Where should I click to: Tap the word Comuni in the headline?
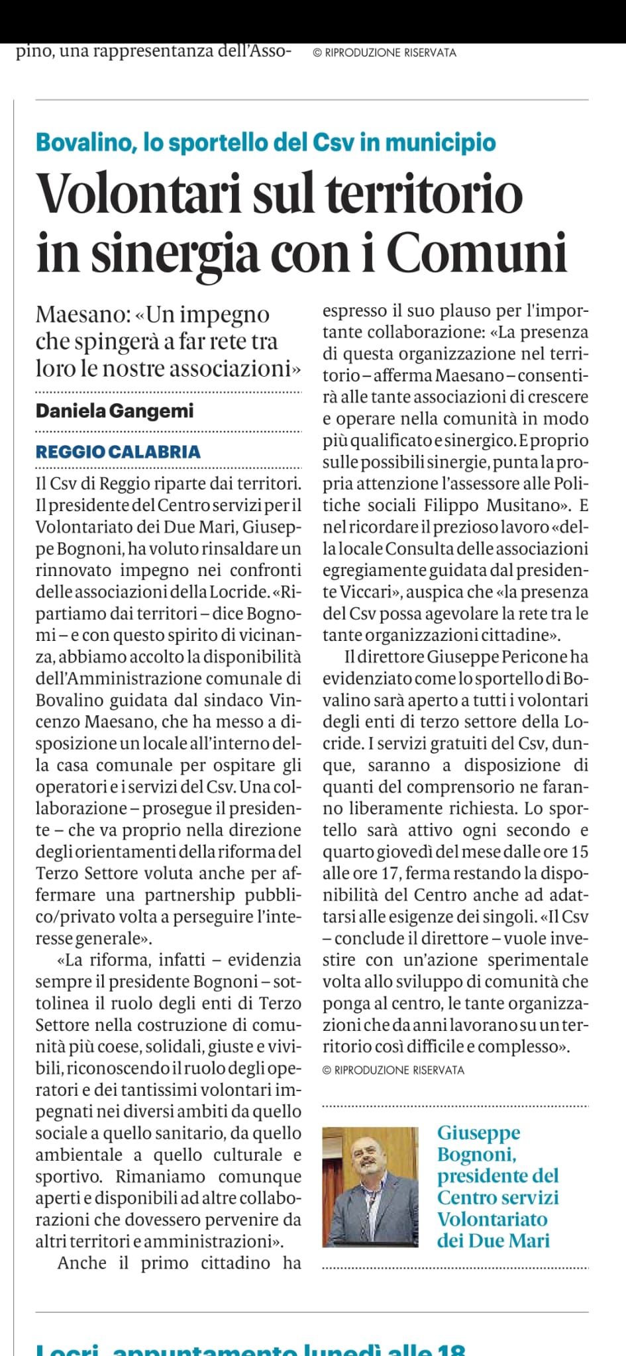point(477,253)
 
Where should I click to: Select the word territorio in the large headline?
point(425,193)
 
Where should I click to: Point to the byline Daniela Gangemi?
point(115,411)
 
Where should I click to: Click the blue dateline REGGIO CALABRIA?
point(118,452)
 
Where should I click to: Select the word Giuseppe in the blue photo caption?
point(478,1133)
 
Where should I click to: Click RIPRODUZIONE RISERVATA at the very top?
point(390,53)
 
